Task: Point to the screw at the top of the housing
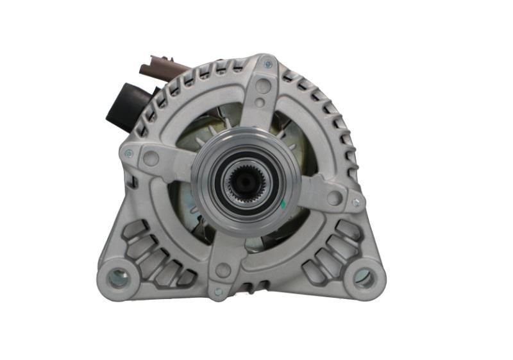[267, 64]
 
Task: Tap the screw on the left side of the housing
[129, 153]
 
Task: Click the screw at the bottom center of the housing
[218, 291]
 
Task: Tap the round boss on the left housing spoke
[152, 159]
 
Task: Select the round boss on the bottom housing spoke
[223, 270]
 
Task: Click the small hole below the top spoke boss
[259, 103]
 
